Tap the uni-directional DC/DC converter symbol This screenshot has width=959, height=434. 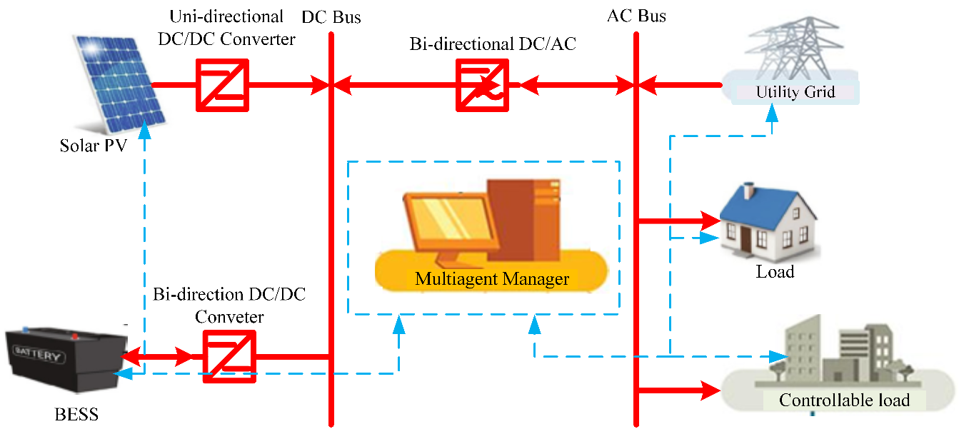[x=222, y=85]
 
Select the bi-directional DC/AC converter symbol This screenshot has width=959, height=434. [x=483, y=85]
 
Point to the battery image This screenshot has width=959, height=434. [x=63, y=354]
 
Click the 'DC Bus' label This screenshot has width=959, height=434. [x=331, y=16]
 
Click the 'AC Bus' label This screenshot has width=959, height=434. [x=637, y=16]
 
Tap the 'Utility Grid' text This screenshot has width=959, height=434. [x=795, y=92]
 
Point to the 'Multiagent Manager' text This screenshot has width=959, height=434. [x=492, y=278]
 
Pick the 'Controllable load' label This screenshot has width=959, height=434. [x=844, y=400]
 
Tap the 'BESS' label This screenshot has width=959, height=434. [x=76, y=414]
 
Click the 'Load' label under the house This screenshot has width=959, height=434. [x=775, y=272]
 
